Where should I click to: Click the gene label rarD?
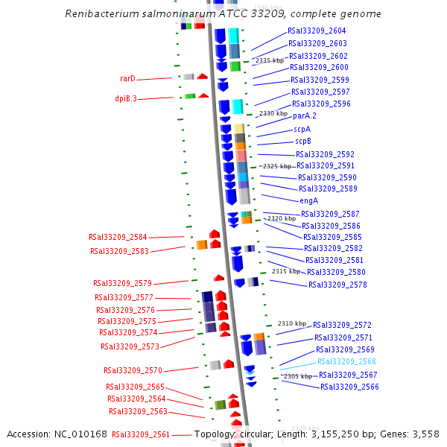127,78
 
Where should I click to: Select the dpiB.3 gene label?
125,98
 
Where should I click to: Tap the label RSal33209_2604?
317,31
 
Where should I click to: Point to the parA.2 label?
305,115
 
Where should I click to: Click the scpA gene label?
302,129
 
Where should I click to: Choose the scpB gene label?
303,141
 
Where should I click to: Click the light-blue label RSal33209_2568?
347,362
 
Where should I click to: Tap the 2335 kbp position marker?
270,60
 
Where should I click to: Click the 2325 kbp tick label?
277,166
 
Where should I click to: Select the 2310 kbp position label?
292,323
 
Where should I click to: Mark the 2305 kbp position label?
298,376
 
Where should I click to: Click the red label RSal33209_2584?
118,237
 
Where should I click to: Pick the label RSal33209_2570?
133,370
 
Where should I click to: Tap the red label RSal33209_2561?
141,434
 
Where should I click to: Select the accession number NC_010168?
81,434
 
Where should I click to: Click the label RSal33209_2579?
122,283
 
